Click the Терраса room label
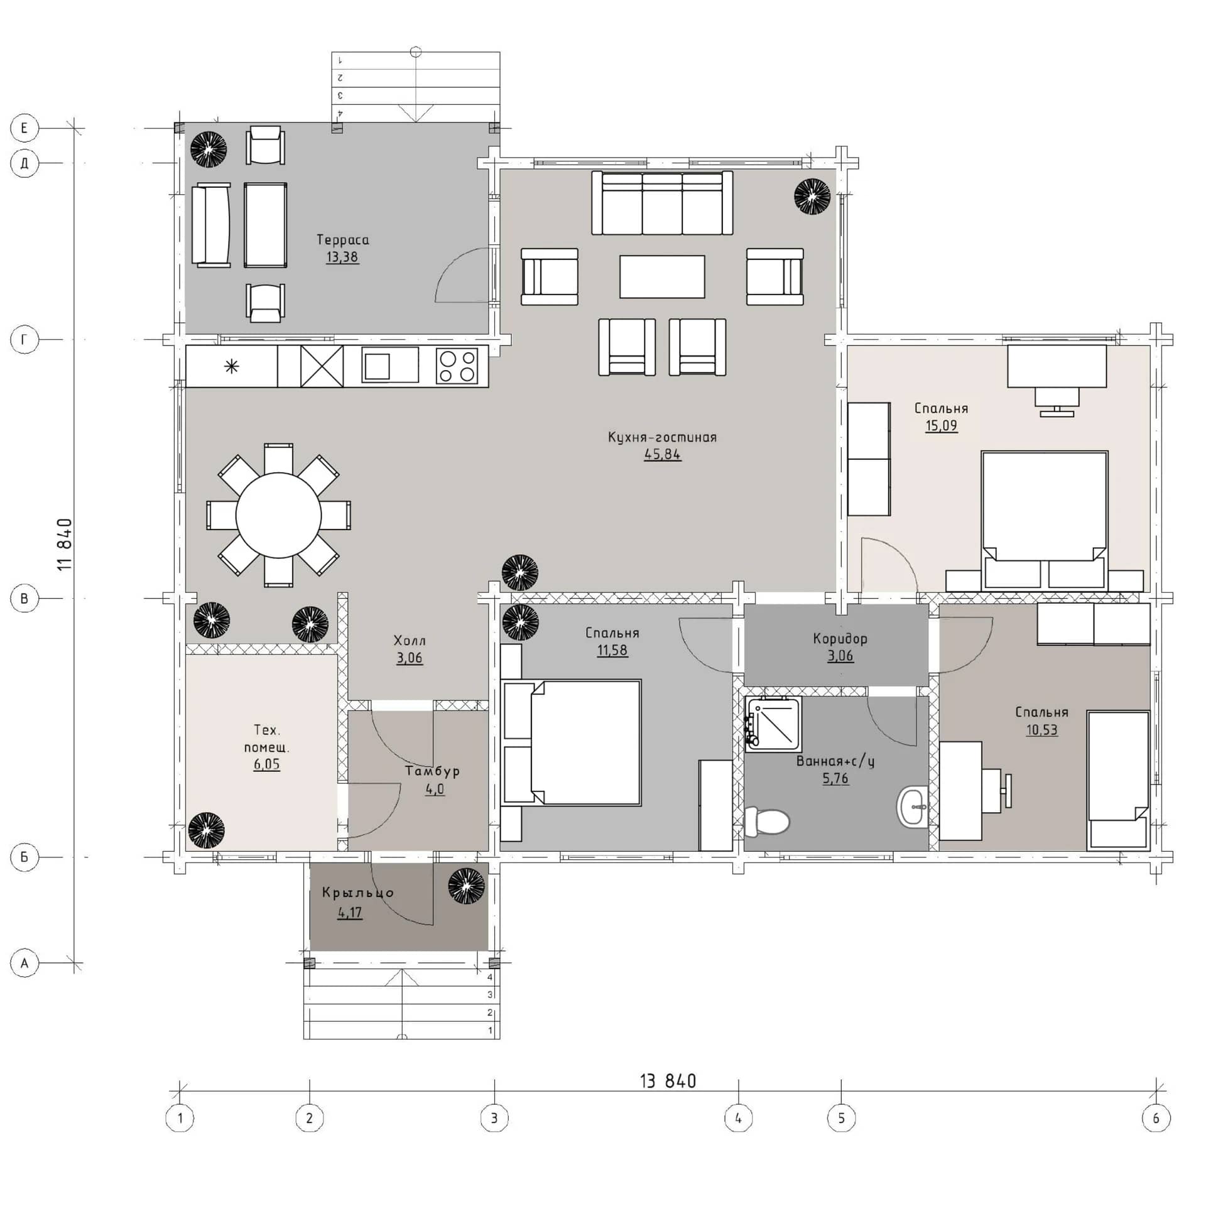tap(342, 239)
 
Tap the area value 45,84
tap(662, 454)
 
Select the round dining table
tap(278, 515)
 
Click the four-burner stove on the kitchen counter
tap(457, 366)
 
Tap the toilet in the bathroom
tap(766, 822)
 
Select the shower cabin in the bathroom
tap(773, 724)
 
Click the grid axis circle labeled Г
tap(24, 340)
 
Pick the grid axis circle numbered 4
tap(738, 1118)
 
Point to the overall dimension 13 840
tap(668, 1081)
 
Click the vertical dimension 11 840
tap(65, 545)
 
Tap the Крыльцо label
tap(358, 893)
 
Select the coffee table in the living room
tap(662, 276)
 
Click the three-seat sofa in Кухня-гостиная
tap(662, 203)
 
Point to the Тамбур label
tap(432, 771)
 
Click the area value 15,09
tap(941, 425)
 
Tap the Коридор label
tap(840, 639)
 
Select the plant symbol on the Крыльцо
tap(467, 886)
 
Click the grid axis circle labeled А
tap(24, 963)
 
